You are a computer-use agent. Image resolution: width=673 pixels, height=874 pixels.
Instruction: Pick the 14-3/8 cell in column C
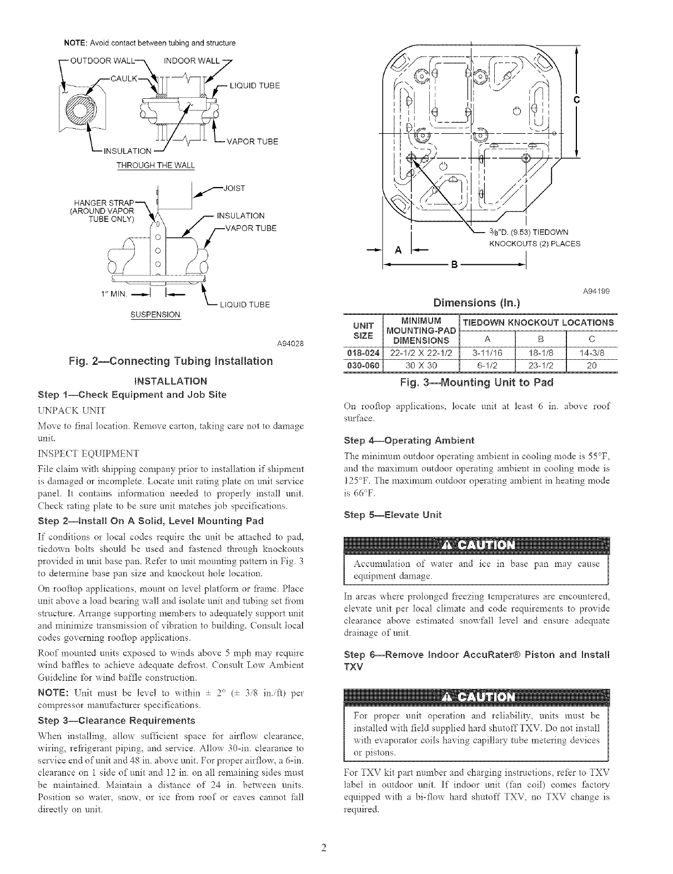point(591,351)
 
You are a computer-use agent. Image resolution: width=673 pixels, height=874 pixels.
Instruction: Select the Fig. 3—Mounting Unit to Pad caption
point(476,383)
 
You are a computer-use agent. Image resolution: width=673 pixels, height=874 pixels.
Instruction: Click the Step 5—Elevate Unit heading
point(393,514)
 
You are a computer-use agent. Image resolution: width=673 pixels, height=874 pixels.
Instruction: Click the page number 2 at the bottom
point(325,847)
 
